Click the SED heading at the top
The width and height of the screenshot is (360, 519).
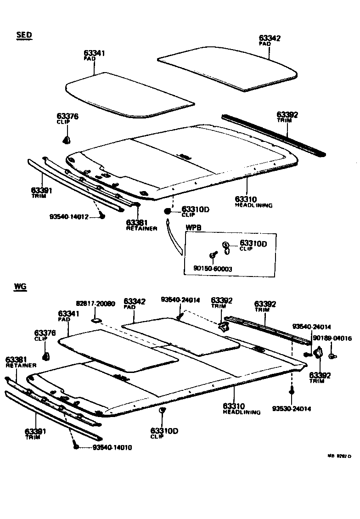24,34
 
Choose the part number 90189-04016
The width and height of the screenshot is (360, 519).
332,338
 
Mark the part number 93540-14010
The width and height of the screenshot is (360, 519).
112,447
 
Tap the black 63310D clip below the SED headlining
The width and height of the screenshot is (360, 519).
168,211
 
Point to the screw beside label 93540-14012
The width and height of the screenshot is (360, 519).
102,216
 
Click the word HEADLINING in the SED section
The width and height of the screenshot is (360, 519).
253,205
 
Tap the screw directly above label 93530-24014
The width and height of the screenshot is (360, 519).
291,392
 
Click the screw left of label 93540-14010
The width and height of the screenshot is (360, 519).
76,446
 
